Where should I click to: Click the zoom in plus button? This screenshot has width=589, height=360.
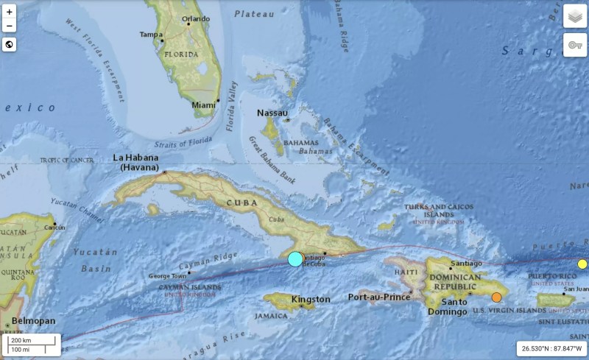click(x=10, y=12)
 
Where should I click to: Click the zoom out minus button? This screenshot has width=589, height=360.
click(x=10, y=27)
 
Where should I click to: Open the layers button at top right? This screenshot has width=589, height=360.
click(x=575, y=17)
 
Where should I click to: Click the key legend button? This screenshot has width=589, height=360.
click(x=575, y=45)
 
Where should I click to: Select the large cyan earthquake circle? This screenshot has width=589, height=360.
click(x=295, y=258)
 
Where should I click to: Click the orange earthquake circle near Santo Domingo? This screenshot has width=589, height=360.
click(x=497, y=297)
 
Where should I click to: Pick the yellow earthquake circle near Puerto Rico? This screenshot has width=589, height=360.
click(x=582, y=264)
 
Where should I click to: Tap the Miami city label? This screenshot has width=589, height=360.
click(x=203, y=105)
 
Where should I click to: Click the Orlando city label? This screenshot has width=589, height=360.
click(x=195, y=18)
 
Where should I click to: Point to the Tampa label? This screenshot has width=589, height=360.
click(x=150, y=35)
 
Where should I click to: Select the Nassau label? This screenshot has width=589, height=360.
click(x=272, y=113)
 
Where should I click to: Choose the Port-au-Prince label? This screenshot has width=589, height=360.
click(x=378, y=297)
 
